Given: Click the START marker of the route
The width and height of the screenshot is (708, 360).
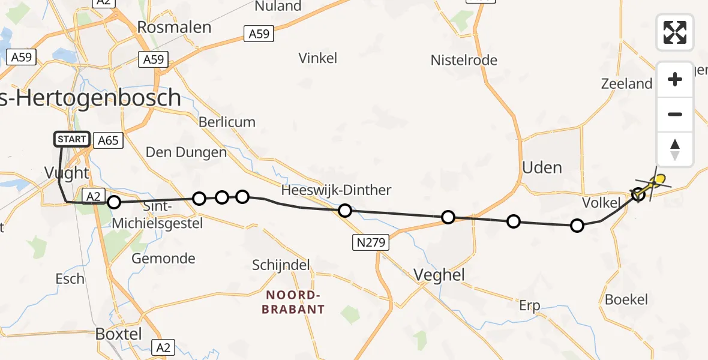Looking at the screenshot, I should [x=72, y=139].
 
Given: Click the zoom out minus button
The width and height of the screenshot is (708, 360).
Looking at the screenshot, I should [x=675, y=114].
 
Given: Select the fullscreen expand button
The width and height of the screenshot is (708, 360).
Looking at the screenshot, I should [x=675, y=32].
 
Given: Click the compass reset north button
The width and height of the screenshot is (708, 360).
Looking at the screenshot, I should [x=675, y=149].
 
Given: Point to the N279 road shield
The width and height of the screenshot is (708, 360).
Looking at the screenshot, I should [x=370, y=242].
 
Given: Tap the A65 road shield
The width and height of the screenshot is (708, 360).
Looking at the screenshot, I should [x=108, y=140].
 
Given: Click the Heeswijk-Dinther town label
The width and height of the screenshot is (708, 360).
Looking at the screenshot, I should [x=337, y=190].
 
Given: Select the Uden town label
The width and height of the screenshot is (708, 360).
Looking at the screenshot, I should [x=542, y=167].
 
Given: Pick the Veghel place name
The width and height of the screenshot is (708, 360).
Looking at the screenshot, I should [x=440, y=275].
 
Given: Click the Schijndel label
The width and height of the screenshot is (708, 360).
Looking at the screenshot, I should [x=281, y=265].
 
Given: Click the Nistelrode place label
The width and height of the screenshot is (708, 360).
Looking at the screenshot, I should [x=464, y=60].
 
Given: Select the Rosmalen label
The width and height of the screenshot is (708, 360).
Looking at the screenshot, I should [x=174, y=27].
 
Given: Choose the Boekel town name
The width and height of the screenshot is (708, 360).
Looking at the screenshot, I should [x=627, y=299].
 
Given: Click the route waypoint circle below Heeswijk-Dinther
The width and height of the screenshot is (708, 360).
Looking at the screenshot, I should [x=345, y=210].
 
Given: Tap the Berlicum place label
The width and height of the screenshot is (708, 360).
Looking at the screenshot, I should [x=227, y=122].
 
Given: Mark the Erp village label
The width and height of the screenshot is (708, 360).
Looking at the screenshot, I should [x=530, y=306].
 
